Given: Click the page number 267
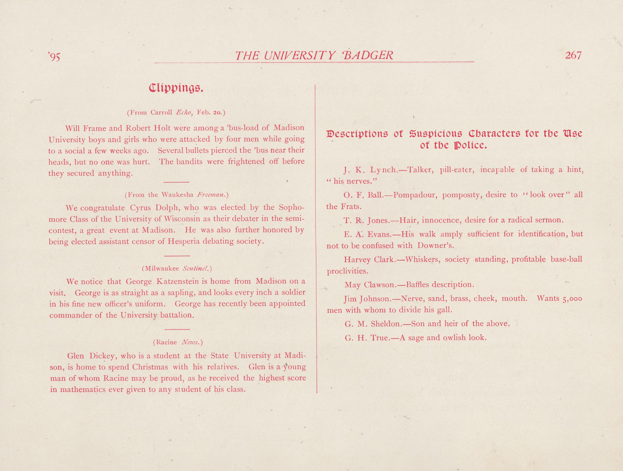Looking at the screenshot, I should [573, 55].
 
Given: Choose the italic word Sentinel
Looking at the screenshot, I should [196, 268].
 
